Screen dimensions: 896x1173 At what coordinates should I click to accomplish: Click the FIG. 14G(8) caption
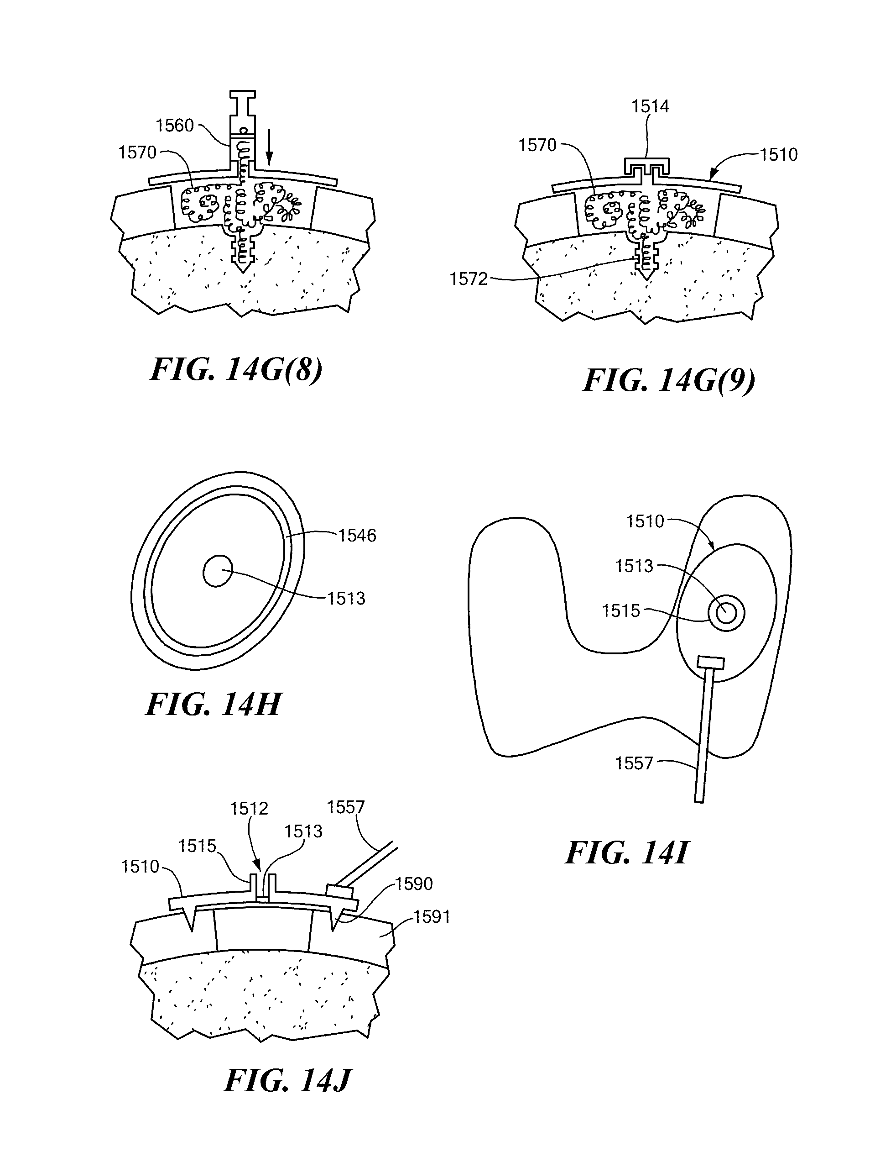point(236,369)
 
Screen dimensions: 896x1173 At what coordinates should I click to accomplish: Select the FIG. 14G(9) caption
point(669,380)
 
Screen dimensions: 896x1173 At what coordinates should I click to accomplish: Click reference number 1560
point(175,126)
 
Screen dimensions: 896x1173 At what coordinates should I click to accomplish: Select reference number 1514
point(650,106)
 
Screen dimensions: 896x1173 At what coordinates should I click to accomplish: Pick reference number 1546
point(357,535)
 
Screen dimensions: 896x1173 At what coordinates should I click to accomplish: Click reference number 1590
point(414,884)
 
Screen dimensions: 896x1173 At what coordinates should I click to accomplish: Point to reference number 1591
point(432,917)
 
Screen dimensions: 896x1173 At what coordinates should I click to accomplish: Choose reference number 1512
point(249,809)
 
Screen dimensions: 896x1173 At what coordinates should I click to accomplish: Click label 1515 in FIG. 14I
point(621,610)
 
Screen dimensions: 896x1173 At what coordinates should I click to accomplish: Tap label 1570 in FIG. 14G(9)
point(537,145)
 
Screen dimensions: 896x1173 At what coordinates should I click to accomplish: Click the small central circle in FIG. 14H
point(218,571)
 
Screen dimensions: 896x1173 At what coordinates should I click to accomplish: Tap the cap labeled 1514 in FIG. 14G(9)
point(647,167)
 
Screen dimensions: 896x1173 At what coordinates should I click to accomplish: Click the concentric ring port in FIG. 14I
point(726,613)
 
